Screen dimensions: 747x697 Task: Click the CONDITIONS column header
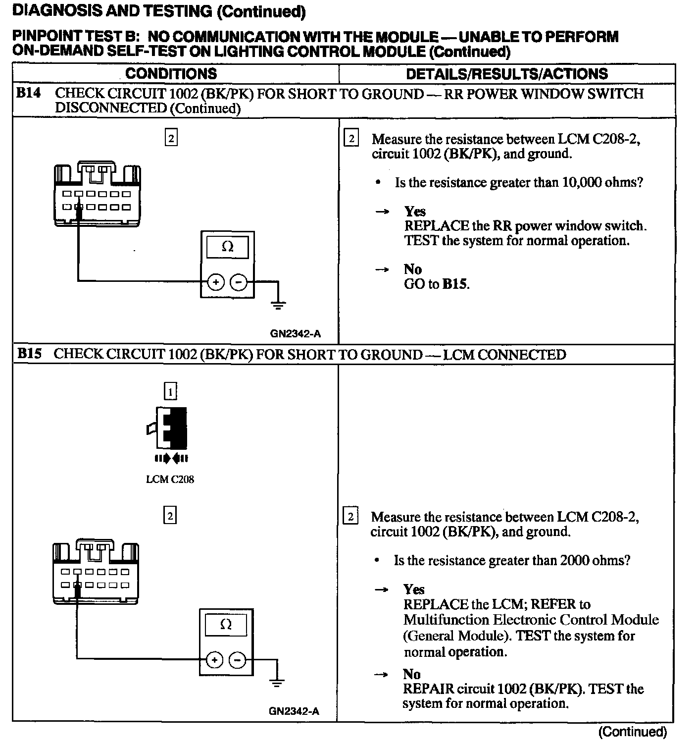click(x=171, y=74)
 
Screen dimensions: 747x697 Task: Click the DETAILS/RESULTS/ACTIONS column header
click(x=506, y=74)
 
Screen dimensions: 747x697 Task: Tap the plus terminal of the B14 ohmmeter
click(x=215, y=282)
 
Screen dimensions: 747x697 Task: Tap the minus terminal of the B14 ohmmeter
click(x=239, y=282)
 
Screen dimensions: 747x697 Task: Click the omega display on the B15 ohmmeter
click(x=225, y=625)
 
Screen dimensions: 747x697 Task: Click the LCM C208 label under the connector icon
click(x=170, y=480)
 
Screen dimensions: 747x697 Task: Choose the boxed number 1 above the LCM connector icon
click(x=170, y=392)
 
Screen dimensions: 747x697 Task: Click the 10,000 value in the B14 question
click(x=580, y=183)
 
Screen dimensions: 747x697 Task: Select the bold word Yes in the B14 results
click(x=415, y=212)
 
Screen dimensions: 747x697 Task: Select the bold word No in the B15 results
click(x=412, y=674)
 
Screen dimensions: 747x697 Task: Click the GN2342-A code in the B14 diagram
click(x=295, y=334)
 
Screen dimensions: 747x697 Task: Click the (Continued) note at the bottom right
click(x=632, y=732)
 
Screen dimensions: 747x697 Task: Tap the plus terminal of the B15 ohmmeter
click(x=214, y=660)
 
